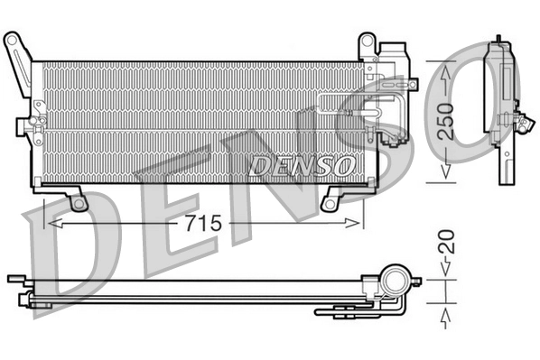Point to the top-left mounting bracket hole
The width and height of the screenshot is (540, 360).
click(12, 41)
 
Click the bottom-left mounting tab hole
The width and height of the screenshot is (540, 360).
click(79, 202)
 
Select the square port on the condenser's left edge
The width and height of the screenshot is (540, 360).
click(37, 120)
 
